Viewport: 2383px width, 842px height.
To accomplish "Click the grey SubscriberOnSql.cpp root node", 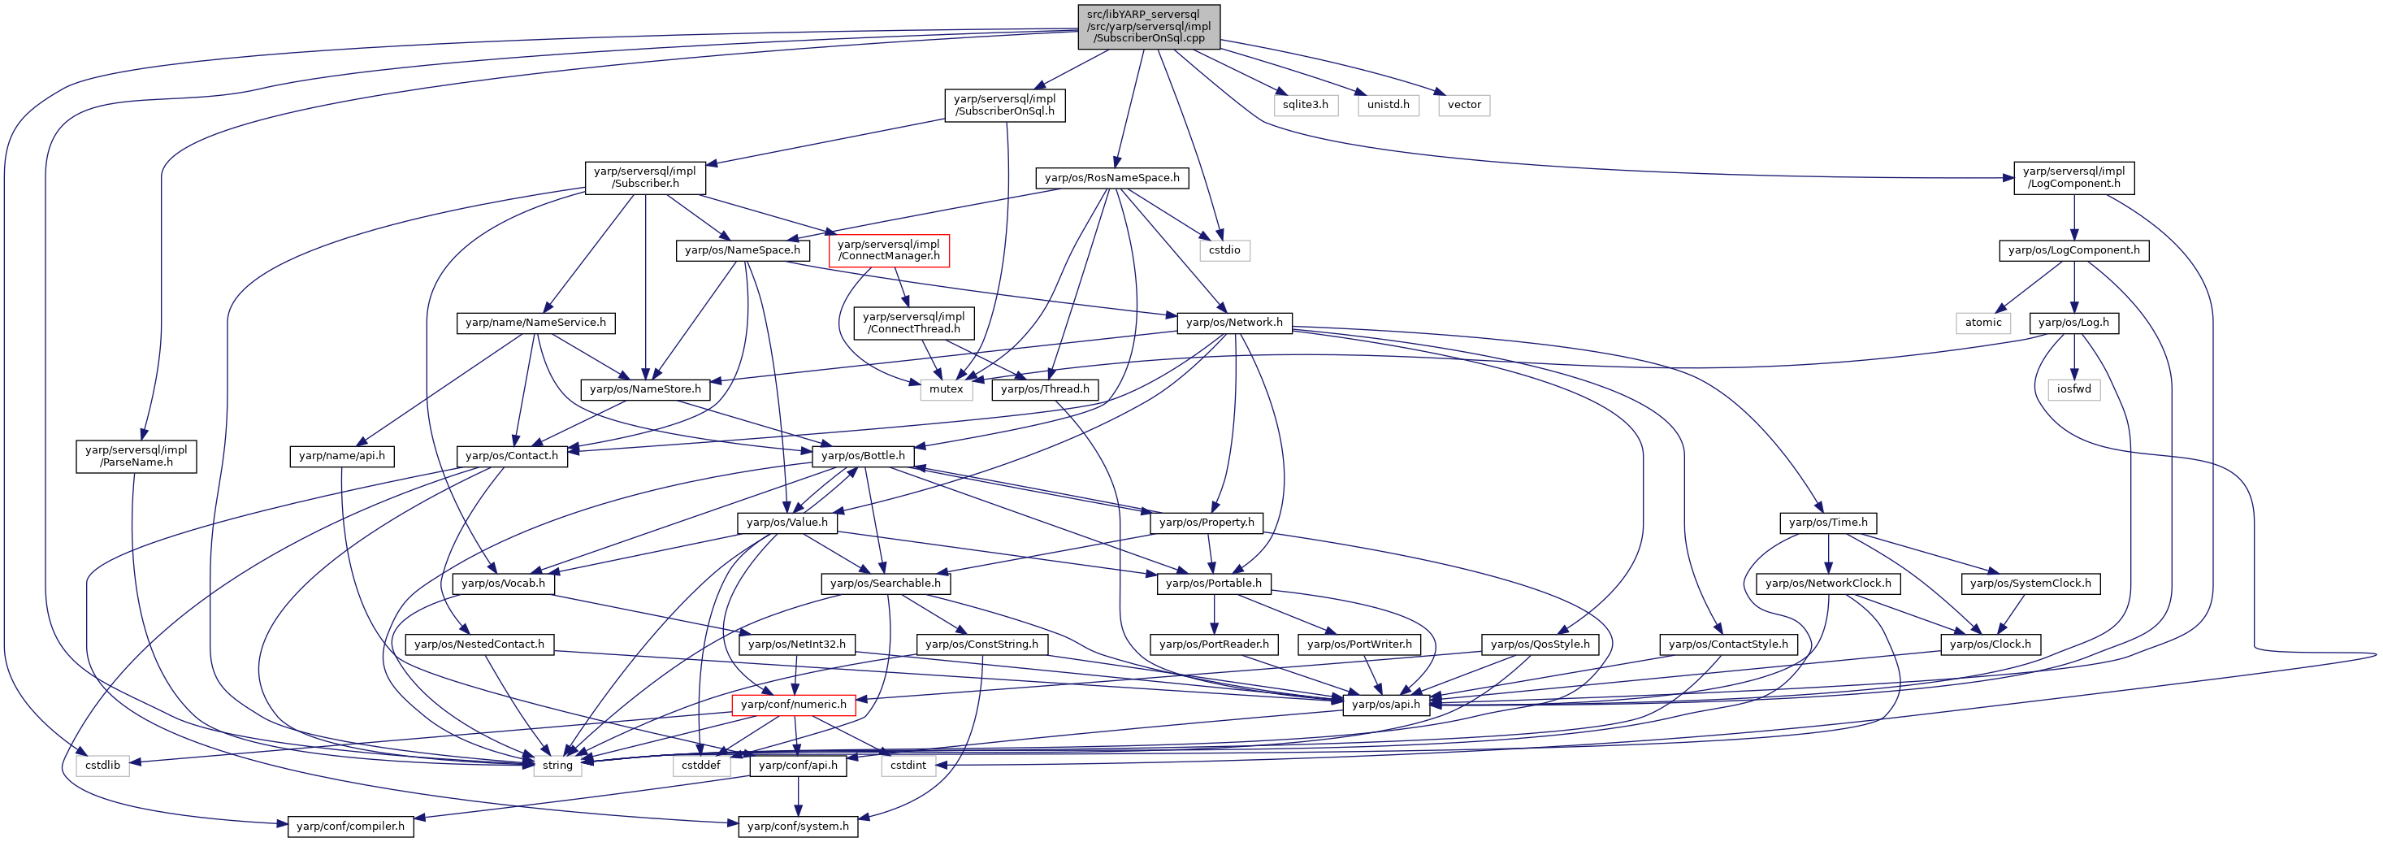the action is tap(1148, 27).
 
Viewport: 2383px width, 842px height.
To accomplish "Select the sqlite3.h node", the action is tap(1306, 105).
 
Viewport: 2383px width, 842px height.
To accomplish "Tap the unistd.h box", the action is tap(1389, 105).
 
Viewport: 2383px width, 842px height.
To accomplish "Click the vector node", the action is tap(1464, 105).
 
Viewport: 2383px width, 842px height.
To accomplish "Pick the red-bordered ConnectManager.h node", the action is tap(888, 250).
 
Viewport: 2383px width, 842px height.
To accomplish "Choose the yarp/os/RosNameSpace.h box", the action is tap(1112, 178).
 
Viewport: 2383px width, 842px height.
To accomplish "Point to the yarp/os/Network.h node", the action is tap(1234, 323).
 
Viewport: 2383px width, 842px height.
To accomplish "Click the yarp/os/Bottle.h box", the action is tap(863, 456).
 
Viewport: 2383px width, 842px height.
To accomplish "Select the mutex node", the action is tap(947, 389).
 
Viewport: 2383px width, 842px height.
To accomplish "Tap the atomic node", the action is tap(1983, 323).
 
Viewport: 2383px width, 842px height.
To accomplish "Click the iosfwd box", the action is tap(2074, 389).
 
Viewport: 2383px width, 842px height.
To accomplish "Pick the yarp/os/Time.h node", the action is tap(1828, 523).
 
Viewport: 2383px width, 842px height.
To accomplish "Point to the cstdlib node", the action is tap(102, 766).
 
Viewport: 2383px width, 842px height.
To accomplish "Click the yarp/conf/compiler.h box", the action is tap(351, 827).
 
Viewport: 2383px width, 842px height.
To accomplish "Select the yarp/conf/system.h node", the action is tap(799, 827).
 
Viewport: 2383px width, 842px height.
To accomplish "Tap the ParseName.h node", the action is tap(136, 456).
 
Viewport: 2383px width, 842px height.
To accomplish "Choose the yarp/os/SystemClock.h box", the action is tap(2030, 584).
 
